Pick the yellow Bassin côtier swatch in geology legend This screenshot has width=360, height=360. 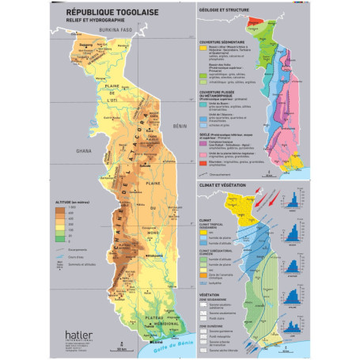pos(203,49)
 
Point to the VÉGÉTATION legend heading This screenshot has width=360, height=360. pos(211,291)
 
